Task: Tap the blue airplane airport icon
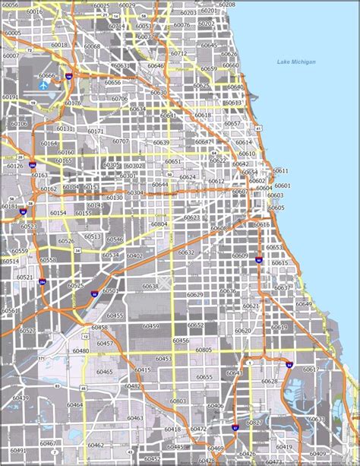click(x=40, y=86)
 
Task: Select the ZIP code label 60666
click(x=48, y=76)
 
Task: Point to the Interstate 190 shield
click(x=68, y=77)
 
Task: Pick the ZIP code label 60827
click(x=253, y=423)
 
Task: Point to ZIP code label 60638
click(x=150, y=287)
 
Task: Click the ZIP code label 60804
click(x=159, y=224)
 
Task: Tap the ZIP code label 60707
click(x=120, y=141)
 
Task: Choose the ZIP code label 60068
click(x=92, y=47)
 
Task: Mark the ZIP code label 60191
click(x=10, y=97)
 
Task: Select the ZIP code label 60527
click(x=27, y=331)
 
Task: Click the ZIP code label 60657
click(x=232, y=123)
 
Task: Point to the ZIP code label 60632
click(x=186, y=252)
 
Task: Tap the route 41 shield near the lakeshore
click(x=258, y=128)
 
